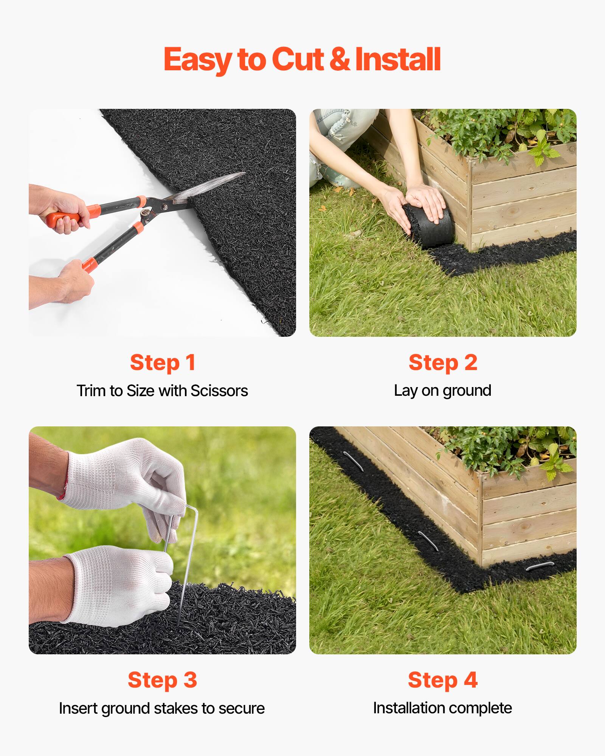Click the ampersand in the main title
pyautogui.click(x=339, y=60)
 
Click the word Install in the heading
pyautogui.click(x=398, y=60)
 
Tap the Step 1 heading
pyautogui.click(x=163, y=363)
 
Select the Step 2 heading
pyautogui.click(x=443, y=363)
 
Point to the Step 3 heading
pyautogui.click(x=162, y=680)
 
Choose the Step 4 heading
pyautogui.click(x=443, y=680)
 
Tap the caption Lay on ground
pyautogui.click(x=442, y=391)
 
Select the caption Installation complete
pyautogui.click(x=442, y=708)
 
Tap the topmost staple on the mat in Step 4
pyautogui.click(x=354, y=461)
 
